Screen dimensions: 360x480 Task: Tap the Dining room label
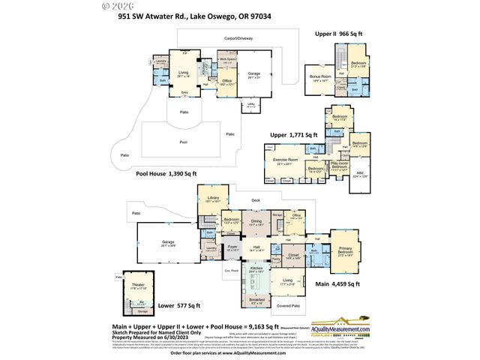[x=256, y=222]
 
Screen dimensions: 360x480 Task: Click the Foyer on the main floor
[x=232, y=246]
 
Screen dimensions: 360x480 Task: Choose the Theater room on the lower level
[x=138, y=286]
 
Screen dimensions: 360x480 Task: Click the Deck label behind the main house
[x=255, y=200]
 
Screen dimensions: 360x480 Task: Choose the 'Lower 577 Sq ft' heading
[x=179, y=306]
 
